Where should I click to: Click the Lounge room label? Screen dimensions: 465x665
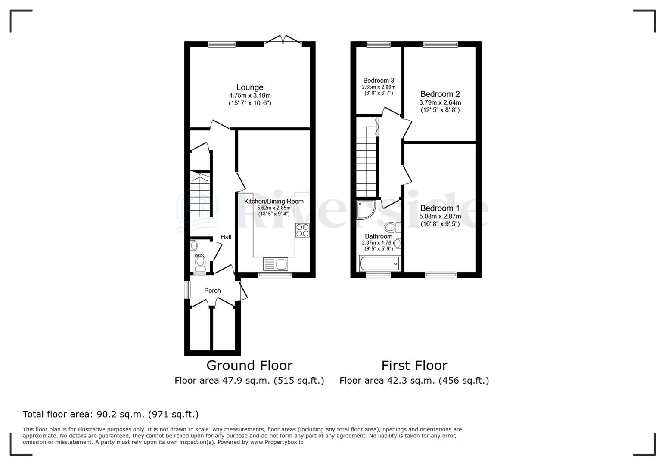249,87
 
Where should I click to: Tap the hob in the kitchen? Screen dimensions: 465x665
302,230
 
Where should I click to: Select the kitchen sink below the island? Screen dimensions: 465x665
275,263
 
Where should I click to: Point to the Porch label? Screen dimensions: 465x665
212,291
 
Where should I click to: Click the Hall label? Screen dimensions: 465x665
226,237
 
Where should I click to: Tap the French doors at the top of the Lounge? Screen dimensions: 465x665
283,40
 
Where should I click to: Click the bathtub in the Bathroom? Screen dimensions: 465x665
379,263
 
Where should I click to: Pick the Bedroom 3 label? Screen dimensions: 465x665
379,81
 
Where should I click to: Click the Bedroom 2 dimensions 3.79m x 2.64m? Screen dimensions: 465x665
440,102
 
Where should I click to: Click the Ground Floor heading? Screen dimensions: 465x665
249,366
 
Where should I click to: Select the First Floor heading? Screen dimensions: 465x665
414,366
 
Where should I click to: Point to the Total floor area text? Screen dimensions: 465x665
111,415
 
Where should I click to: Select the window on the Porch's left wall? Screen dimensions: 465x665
187,290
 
